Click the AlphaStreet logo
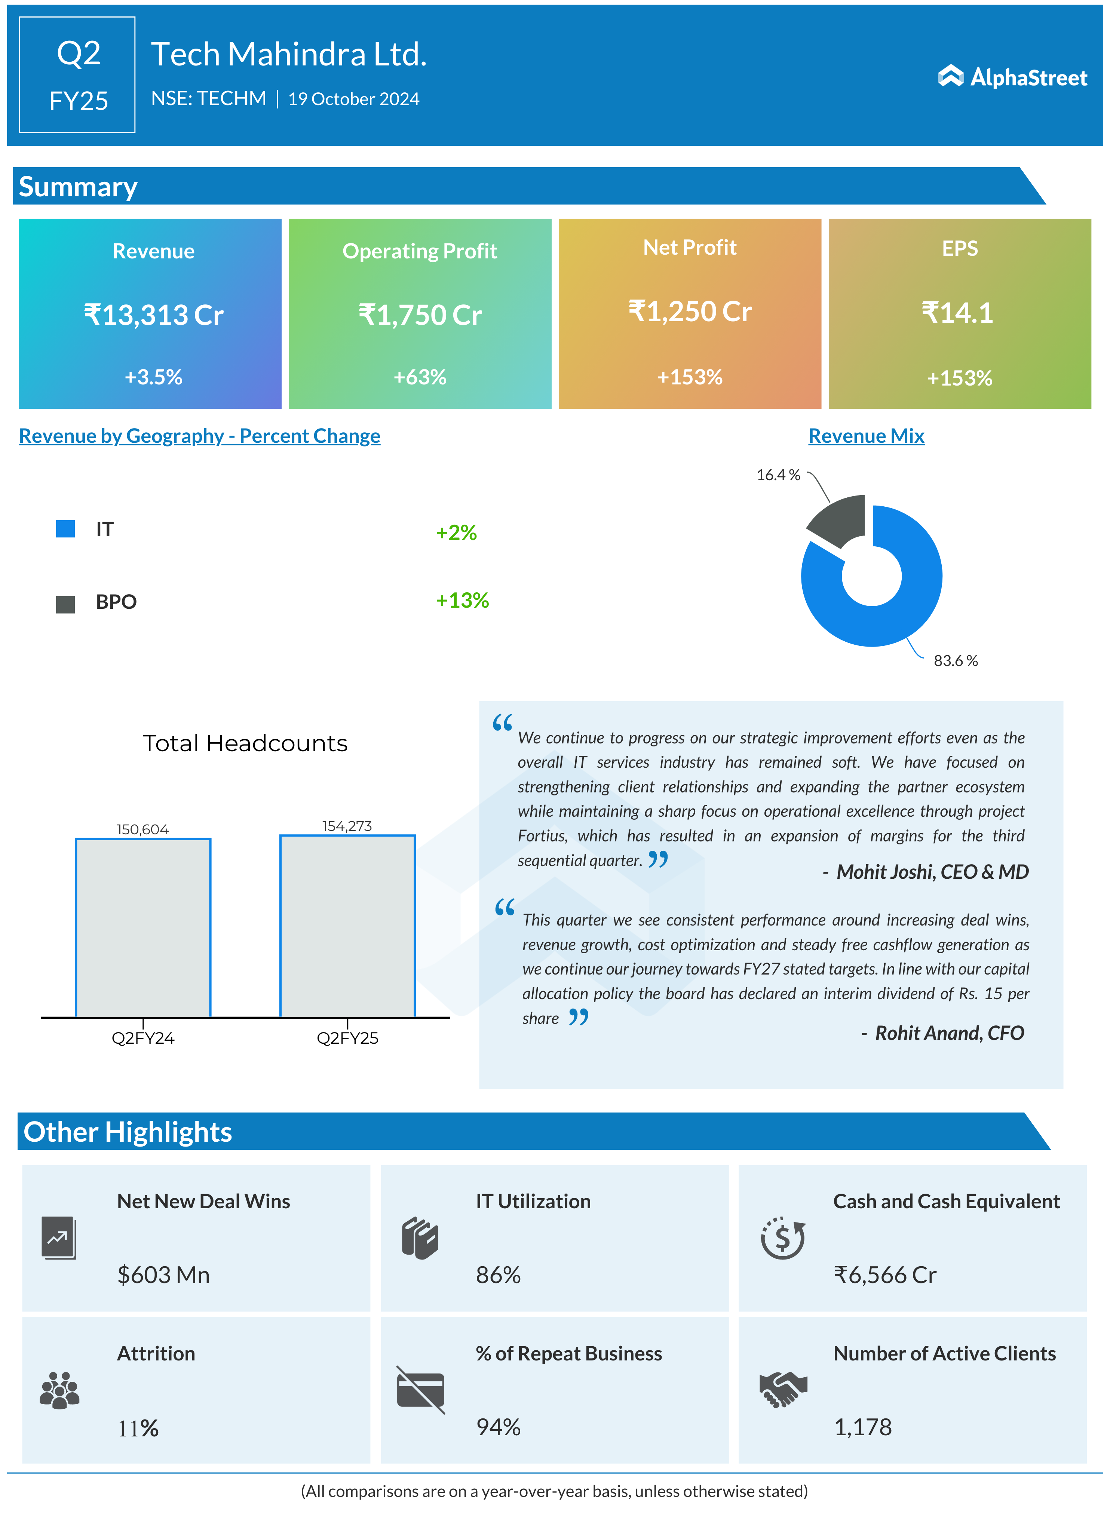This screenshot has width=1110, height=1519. [x=1012, y=77]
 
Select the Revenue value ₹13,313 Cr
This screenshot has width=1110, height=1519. [x=153, y=315]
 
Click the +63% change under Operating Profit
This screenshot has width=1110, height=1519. [x=420, y=377]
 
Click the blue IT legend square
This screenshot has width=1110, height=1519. [x=65, y=529]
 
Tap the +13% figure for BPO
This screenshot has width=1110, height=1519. [x=462, y=600]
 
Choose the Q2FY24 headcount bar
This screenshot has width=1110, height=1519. [x=143, y=927]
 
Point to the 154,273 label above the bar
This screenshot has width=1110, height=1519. [x=347, y=826]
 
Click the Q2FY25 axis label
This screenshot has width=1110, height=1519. [x=347, y=1038]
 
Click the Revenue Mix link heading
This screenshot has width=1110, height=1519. [x=866, y=436]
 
